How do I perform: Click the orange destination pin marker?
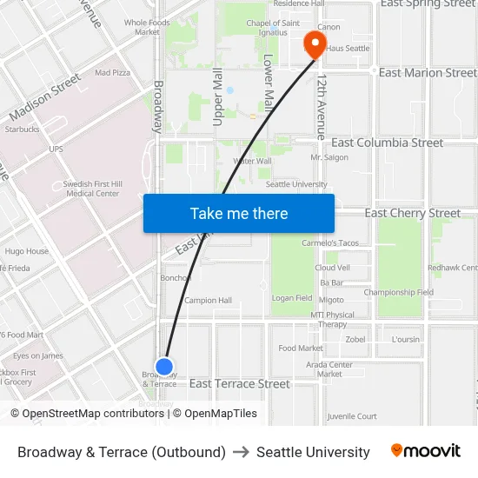(x=311, y=43)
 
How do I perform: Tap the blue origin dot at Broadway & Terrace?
(x=164, y=367)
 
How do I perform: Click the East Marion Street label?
(x=428, y=73)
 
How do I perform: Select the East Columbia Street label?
(x=387, y=143)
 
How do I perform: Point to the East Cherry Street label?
(x=412, y=213)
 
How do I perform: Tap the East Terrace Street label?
(x=240, y=383)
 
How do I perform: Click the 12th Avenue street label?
(x=322, y=107)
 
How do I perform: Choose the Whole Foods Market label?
(x=147, y=27)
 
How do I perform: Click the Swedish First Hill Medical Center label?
(x=91, y=189)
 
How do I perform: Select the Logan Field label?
(x=292, y=298)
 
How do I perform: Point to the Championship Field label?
(x=398, y=293)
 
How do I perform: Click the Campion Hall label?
(x=208, y=301)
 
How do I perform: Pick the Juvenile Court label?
(x=353, y=416)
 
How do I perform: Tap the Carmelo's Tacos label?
(x=330, y=243)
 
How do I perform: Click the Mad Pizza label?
(x=112, y=73)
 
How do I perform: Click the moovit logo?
(x=425, y=451)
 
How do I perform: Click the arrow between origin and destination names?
(x=241, y=452)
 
